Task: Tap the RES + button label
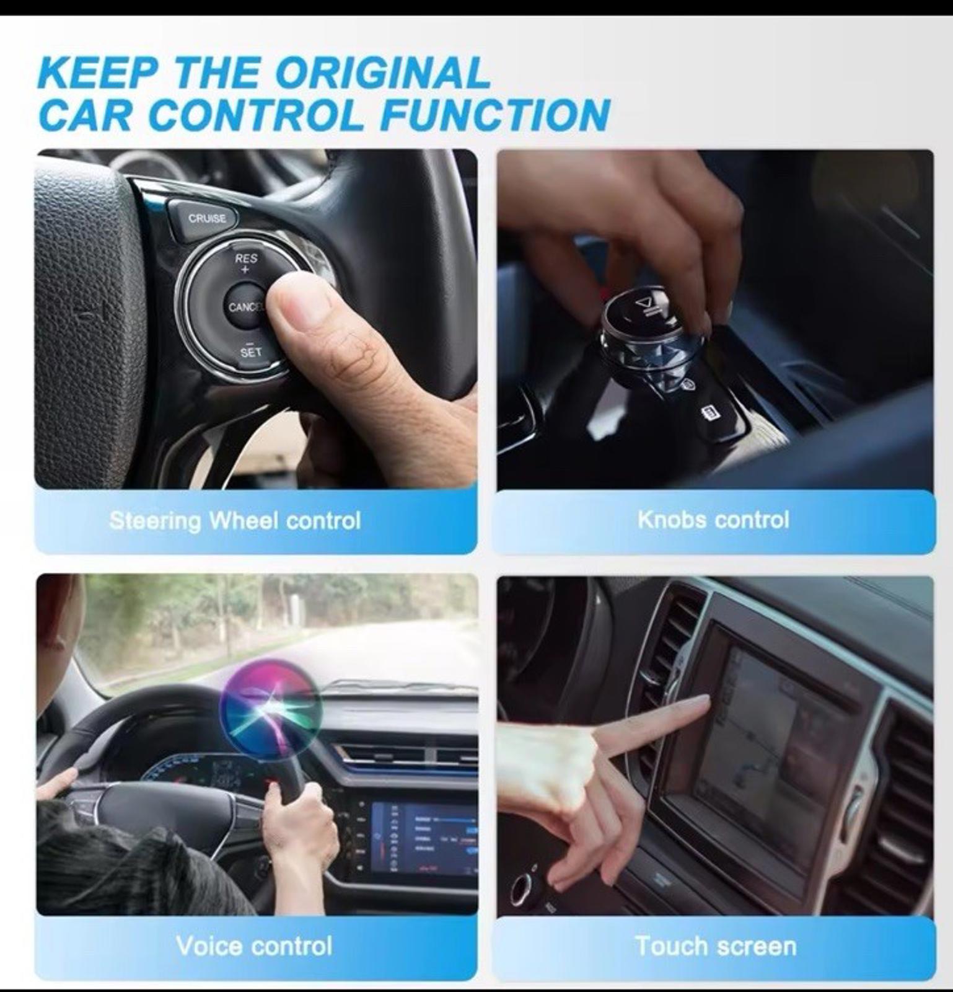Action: tap(245, 262)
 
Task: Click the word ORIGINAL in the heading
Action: tap(382, 73)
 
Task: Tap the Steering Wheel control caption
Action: tap(234, 520)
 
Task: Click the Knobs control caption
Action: tap(713, 520)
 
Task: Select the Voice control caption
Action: tap(254, 946)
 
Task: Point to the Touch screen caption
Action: tap(716, 946)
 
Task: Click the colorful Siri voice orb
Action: tap(271, 707)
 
